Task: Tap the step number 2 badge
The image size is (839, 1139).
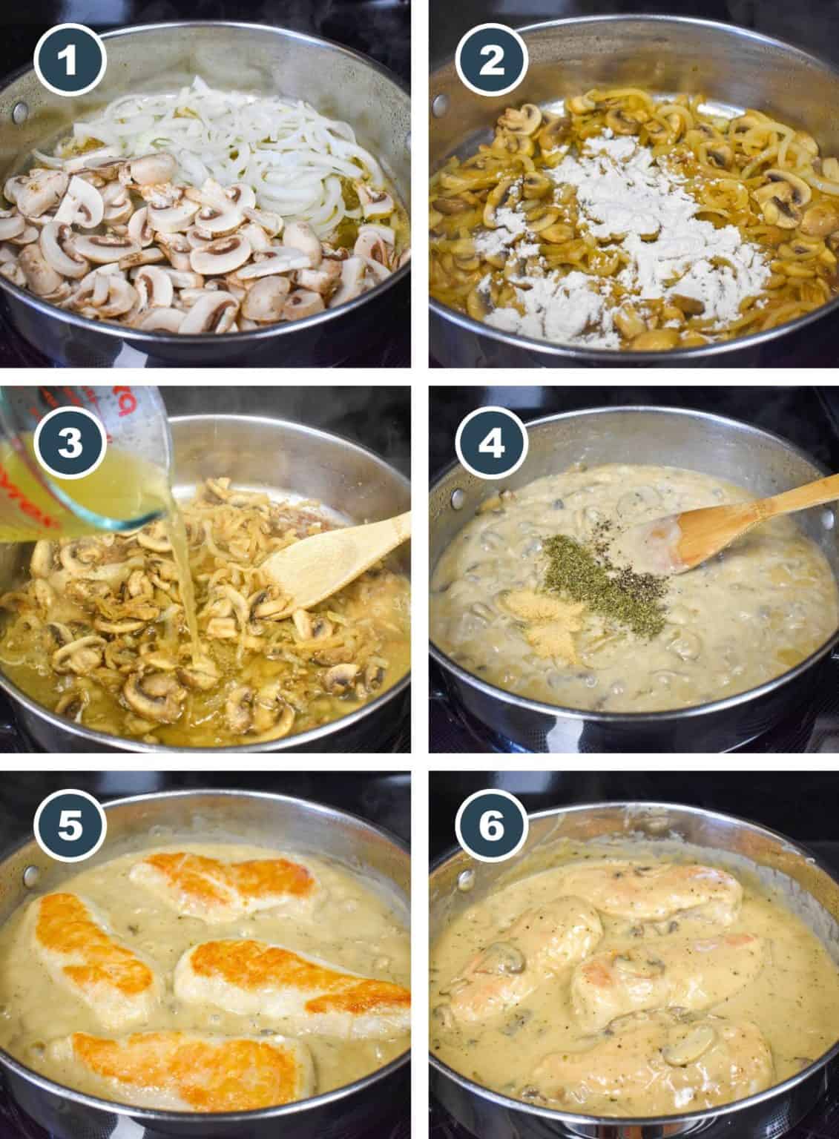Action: pos(491,61)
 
